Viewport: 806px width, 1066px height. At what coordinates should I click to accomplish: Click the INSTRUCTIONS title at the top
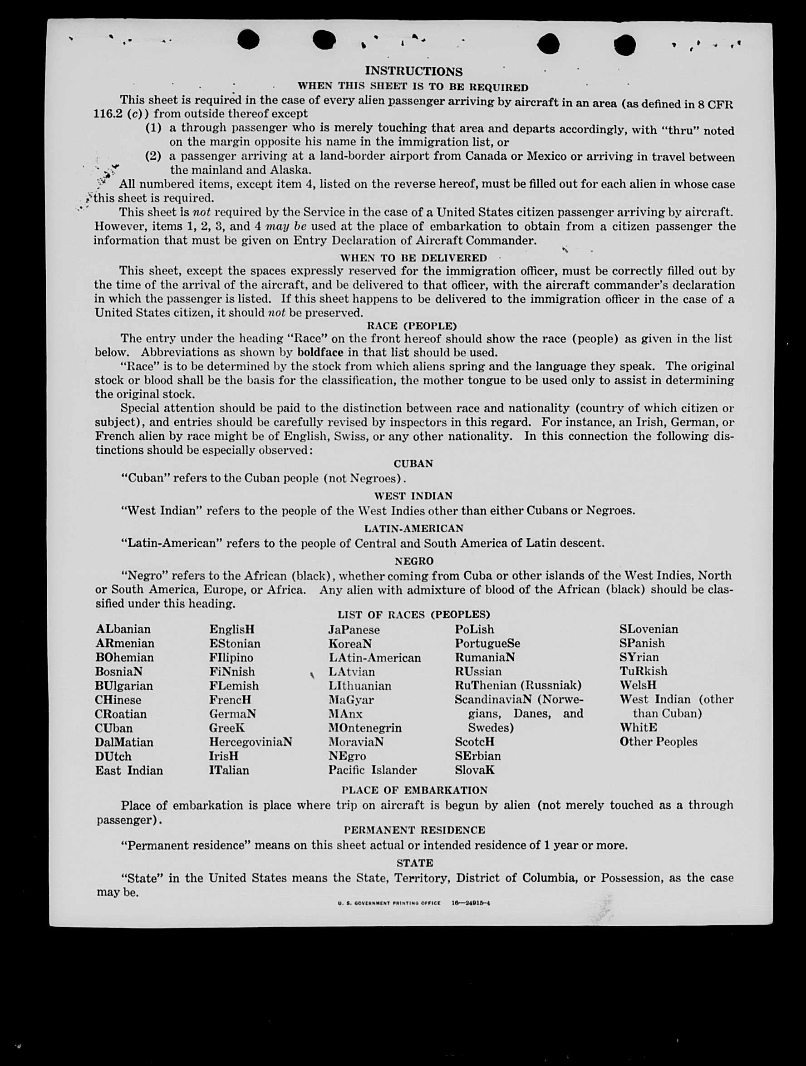[x=413, y=71]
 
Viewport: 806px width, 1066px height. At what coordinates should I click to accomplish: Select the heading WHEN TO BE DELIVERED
[x=413, y=258]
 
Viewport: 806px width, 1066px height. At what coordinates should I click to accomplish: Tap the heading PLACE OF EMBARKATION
[x=414, y=791]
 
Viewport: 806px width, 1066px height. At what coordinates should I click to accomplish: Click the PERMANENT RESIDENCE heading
[x=414, y=830]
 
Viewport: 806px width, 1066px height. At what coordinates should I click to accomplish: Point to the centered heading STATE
[x=414, y=863]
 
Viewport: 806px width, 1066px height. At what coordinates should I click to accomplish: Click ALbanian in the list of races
[x=123, y=629]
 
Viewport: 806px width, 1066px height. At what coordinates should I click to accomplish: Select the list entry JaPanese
[x=354, y=630]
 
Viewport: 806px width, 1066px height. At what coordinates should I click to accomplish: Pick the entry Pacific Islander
[x=372, y=770]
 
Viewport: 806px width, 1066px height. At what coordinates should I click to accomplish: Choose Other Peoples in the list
[x=658, y=742]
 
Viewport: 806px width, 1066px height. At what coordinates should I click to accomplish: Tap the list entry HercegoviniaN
[x=250, y=742]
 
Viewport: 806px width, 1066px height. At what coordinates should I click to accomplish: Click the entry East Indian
[x=129, y=771]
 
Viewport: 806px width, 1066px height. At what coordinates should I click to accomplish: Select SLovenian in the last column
[x=649, y=629]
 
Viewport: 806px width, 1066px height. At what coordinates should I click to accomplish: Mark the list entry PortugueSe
[x=487, y=644]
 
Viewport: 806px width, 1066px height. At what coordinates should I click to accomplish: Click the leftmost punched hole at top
[x=248, y=39]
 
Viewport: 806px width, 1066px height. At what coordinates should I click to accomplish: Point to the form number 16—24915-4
[x=471, y=903]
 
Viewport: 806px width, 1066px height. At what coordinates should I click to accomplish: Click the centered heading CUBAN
[x=413, y=464]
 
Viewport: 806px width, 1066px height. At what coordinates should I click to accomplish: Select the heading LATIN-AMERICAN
[x=413, y=528]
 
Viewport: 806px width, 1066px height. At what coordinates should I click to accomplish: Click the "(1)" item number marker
[x=153, y=128]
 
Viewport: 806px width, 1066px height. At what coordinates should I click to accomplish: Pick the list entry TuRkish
[x=643, y=671]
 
